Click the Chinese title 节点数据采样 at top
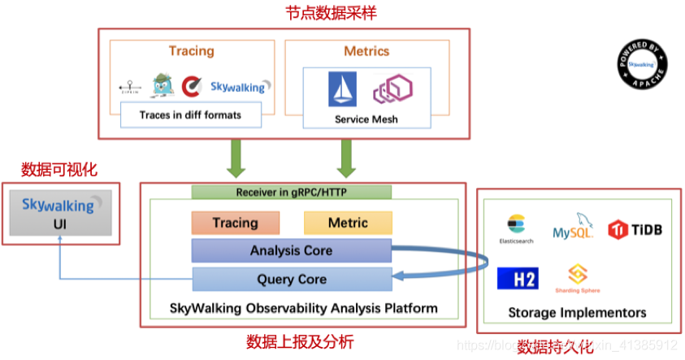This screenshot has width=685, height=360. click(342, 13)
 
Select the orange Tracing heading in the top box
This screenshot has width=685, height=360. click(191, 50)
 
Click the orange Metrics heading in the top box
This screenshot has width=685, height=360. click(366, 50)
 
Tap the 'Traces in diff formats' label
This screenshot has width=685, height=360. click(191, 115)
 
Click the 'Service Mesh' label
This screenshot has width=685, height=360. click(366, 119)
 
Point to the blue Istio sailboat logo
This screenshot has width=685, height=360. click(342, 89)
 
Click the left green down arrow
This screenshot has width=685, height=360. click(236, 158)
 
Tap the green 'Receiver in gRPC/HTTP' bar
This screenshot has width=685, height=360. click(292, 192)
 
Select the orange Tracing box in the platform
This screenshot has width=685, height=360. click(236, 223)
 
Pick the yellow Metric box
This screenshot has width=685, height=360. click(348, 223)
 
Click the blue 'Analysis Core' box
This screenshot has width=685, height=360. click(291, 250)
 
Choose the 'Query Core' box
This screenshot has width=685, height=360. click(291, 279)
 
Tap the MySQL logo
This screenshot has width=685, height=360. click(574, 228)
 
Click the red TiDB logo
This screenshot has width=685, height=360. click(635, 229)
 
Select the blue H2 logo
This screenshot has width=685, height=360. click(518, 279)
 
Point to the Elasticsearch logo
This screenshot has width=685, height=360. click(518, 228)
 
